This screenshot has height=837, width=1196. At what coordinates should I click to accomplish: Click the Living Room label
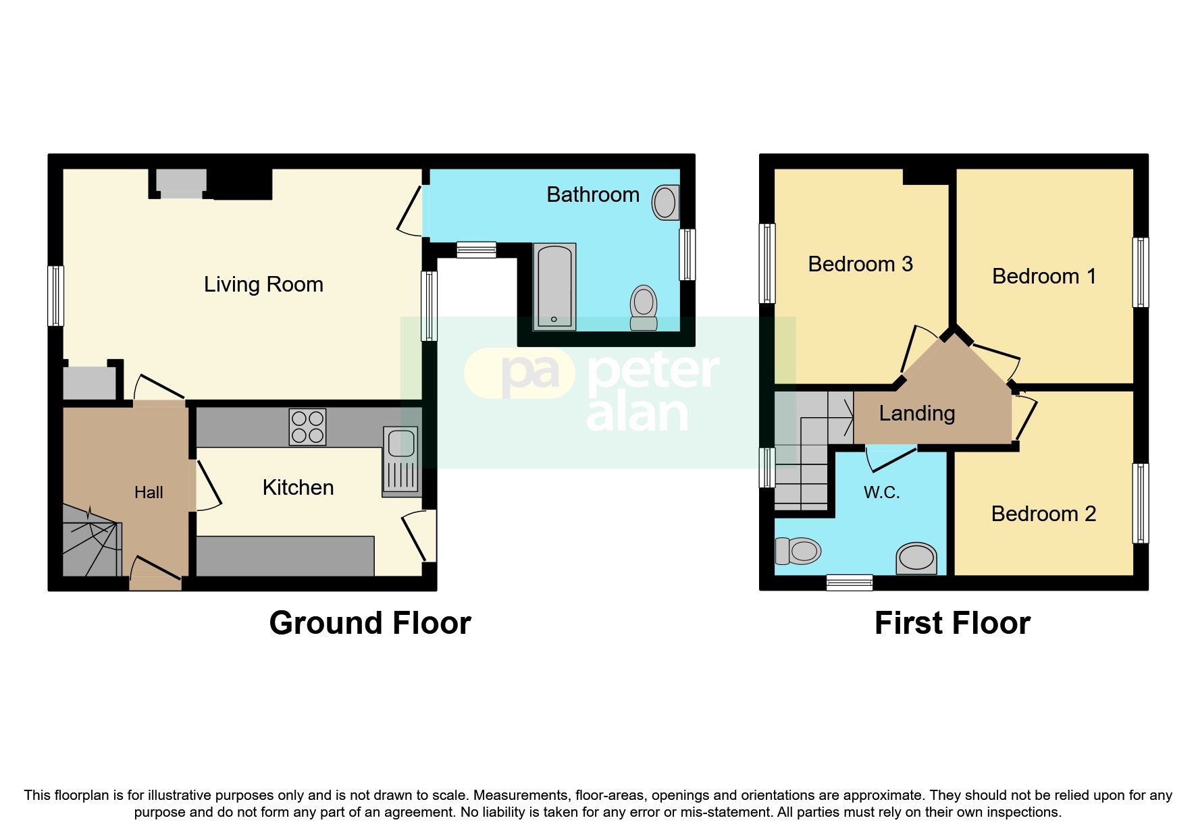[x=263, y=284]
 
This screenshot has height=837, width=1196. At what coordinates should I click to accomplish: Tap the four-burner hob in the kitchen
[x=307, y=427]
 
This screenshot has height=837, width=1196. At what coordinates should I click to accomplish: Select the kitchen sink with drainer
[x=401, y=461]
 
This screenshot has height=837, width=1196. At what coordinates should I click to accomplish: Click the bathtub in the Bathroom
[x=554, y=287]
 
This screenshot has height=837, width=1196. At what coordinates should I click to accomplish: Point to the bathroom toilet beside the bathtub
[x=644, y=307]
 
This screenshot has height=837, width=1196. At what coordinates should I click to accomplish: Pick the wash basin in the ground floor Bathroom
[x=665, y=202]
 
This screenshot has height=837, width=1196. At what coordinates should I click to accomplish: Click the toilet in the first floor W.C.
[x=798, y=551]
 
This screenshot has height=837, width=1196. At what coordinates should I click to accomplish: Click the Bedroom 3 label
[x=860, y=264]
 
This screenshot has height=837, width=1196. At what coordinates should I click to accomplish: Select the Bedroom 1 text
[x=1043, y=276]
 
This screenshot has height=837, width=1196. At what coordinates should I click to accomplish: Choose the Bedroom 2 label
[x=1043, y=514]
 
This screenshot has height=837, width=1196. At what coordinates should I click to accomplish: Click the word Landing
[x=916, y=413]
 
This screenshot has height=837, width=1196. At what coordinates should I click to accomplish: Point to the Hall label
[x=149, y=492]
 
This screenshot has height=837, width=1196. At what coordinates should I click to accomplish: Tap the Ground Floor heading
[x=370, y=623]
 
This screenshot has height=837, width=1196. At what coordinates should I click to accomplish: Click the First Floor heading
[x=952, y=623]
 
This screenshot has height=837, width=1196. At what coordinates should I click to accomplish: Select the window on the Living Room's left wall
[x=56, y=296]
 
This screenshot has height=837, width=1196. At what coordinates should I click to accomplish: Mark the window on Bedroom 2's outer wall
[x=1140, y=503]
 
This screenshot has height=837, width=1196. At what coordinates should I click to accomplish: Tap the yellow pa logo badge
[x=519, y=373]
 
